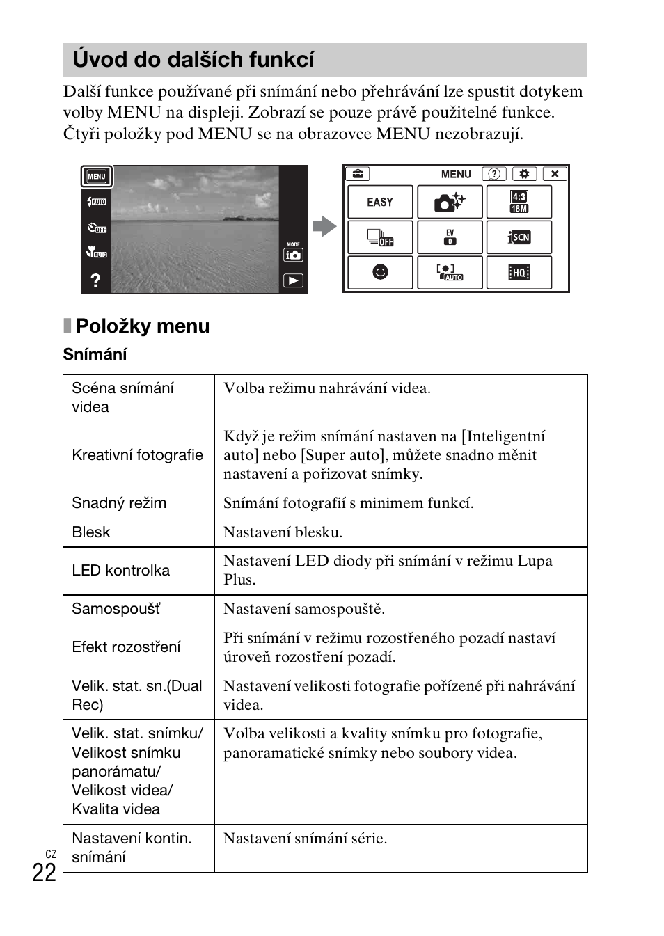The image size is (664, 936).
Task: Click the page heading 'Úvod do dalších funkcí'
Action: coord(193,60)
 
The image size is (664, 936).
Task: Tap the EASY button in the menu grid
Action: coord(380,202)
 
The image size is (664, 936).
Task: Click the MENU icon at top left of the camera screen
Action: coord(97,177)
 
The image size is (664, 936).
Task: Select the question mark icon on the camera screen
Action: coord(95,280)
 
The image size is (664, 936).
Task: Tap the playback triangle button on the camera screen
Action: coord(293,280)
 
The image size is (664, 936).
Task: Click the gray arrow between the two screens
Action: coord(324,226)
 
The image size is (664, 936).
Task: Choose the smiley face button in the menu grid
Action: coord(380,272)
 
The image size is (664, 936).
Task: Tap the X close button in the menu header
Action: coord(555,174)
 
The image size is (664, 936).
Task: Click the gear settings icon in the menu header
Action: coord(524,174)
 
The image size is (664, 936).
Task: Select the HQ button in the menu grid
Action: coord(519,272)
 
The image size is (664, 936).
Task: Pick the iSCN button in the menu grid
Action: coord(519,237)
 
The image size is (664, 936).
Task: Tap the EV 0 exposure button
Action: coord(450,237)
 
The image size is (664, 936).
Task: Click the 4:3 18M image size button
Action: coord(519,202)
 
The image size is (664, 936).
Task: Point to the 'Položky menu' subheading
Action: coord(142,326)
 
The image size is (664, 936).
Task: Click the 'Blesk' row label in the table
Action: coord(91,532)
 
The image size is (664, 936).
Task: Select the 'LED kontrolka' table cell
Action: coord(121,571)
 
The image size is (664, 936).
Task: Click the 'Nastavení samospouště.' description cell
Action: coord(304,609)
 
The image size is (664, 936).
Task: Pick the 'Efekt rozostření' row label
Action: coord(126,647)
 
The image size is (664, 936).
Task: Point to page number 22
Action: coord(44,873)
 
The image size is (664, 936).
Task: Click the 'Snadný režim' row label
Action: coord(119,503)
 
